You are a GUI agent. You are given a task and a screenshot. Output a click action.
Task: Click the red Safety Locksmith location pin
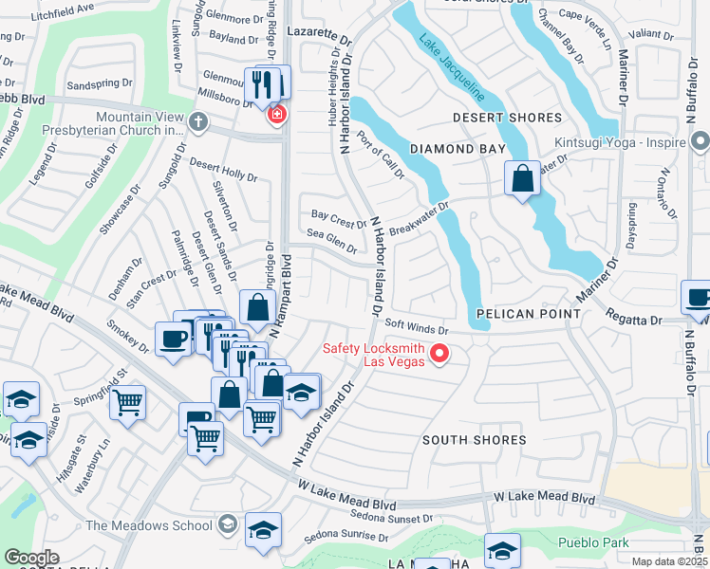[439, 355]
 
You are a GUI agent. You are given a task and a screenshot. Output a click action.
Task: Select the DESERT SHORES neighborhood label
[507, 118]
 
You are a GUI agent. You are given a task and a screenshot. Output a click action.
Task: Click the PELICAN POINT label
[528, 313]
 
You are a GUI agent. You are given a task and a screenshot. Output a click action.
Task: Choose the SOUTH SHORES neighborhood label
[474, 440]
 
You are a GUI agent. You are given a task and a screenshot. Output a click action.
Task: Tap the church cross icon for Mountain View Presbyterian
[197, 120]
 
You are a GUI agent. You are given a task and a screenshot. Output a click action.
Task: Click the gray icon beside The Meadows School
[227, 524]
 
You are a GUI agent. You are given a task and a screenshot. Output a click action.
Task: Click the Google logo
[30, 558]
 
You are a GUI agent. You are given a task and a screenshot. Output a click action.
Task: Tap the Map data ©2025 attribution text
[668, 561]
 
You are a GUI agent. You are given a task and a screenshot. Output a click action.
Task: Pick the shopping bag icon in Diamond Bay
[522, 177]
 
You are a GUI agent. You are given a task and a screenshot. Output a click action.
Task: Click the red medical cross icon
[276, 116]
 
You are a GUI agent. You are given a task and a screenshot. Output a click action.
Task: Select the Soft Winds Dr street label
[416, 329]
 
